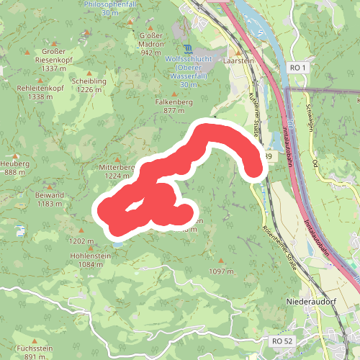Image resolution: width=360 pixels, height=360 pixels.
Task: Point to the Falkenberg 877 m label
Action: (x=174, y=107)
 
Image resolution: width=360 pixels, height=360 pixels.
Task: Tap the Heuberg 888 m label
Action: (x=15, y=168)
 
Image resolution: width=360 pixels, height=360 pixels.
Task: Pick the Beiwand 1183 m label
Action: (x=50, y=199)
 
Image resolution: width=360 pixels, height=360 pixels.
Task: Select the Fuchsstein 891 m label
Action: (x=35, y=352)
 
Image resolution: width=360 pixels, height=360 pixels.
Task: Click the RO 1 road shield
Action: (x=297, y=67)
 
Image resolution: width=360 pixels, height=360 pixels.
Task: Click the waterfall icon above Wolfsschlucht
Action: (x=189, y=48)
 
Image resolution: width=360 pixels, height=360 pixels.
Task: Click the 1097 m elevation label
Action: (x=222, y=271)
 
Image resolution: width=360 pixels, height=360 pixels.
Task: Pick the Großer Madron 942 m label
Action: (x=150, y=43)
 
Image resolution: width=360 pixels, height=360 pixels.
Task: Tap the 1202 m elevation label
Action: (x=81, y=241)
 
